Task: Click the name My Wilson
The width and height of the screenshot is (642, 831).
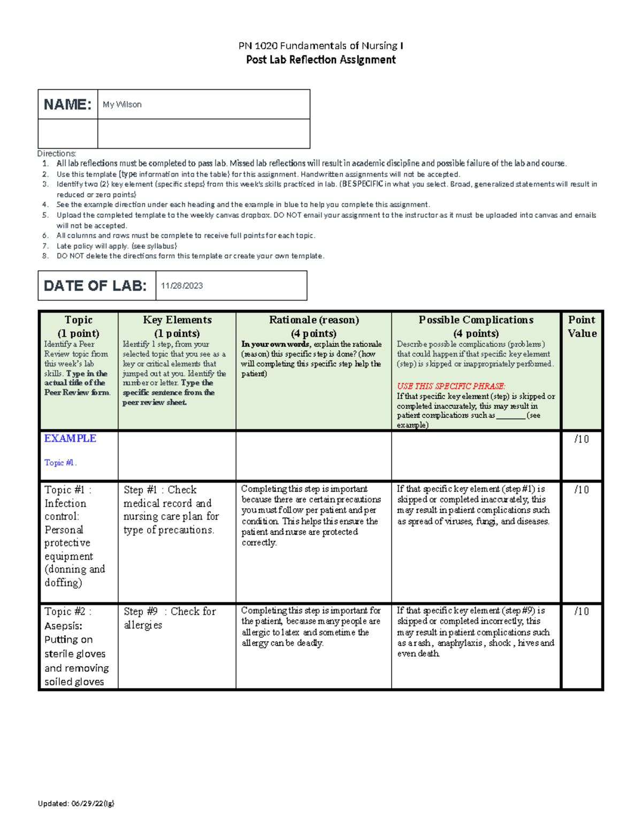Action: (122, 104)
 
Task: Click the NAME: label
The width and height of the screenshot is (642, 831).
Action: (67, 104)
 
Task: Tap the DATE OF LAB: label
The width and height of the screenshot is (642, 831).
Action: (95, 286)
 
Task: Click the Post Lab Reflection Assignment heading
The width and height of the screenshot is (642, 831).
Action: (320, 60)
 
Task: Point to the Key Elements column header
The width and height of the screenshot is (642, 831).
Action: (177, 320)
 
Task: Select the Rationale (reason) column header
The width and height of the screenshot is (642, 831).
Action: (314, 320)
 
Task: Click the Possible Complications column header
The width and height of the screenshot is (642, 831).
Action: (476, 320)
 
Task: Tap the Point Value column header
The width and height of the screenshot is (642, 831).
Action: (582, 326)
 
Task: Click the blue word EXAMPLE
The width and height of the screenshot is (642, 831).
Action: (70, 438)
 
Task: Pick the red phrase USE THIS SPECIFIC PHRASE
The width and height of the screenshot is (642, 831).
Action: (451, 386)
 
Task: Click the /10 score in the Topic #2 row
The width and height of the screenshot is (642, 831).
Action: (582, 611)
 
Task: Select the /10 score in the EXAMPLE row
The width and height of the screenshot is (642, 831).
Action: (582, 439)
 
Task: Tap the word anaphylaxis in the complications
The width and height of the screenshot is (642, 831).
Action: (460, 643)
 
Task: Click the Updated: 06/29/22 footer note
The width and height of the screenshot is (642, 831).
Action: (76, 803)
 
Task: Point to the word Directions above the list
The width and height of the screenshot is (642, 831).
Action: (57, 154)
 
